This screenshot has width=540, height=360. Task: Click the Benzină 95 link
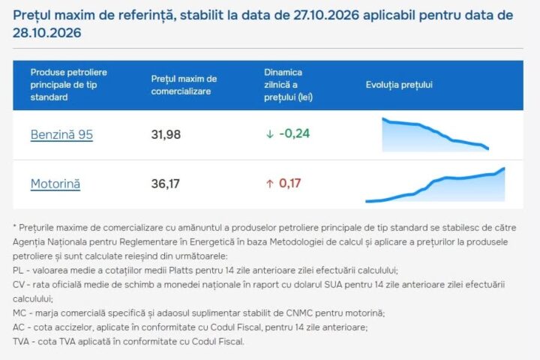click(61, 134)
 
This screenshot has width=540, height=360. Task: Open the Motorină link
click(55, 184)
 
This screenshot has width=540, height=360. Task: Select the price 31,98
click(166, 134)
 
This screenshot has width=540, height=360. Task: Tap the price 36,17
click(165, 184)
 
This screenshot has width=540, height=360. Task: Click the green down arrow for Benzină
click(270, 134)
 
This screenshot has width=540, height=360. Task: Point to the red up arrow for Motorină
click(270, 184)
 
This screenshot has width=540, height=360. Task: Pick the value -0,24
click(295, 133)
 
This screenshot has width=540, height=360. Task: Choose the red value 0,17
click(290, 183)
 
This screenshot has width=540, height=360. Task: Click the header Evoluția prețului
click(399, 85)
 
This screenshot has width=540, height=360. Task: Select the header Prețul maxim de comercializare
click(184, 85)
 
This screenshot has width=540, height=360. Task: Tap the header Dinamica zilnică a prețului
click(288, 85)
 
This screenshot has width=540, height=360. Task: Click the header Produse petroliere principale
click(68, 85)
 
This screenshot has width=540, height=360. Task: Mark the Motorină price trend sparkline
click(435, 184)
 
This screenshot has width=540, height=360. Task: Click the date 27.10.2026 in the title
click(326, 15)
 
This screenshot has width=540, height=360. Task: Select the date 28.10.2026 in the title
click(47, 33)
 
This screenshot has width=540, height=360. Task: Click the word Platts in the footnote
click(181, 271)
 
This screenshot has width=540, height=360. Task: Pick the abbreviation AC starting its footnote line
click(19, 327)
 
